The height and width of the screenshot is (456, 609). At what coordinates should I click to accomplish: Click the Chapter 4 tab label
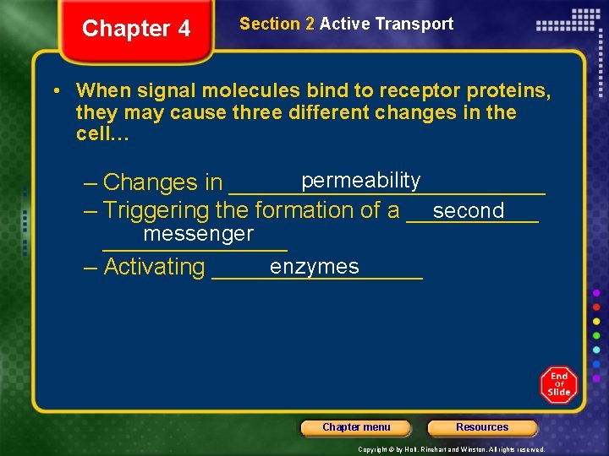(x=136, y=29)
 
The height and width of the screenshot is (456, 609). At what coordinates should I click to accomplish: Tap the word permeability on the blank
(x=360, y=180)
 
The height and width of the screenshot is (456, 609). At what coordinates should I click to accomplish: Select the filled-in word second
(x=468, y=210)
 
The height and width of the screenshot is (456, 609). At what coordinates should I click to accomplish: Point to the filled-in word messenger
(x=198, y=233)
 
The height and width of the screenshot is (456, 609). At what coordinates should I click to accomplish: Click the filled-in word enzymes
(x=314, y=267)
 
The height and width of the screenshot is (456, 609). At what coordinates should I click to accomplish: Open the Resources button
(x=482, y=427)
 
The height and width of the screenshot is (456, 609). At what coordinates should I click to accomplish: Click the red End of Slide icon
(x=558, y=385)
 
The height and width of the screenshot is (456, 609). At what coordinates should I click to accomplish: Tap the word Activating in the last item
(x=154, y=267)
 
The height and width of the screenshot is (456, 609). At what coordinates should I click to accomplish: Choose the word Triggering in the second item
(x=156, y=210)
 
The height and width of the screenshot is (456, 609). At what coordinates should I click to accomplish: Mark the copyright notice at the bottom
(x=451, y=449)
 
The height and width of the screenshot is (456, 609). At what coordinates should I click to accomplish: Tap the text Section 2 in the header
(x=277, y=24)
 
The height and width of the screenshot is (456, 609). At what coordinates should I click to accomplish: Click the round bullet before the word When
(x=55, y=90)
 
